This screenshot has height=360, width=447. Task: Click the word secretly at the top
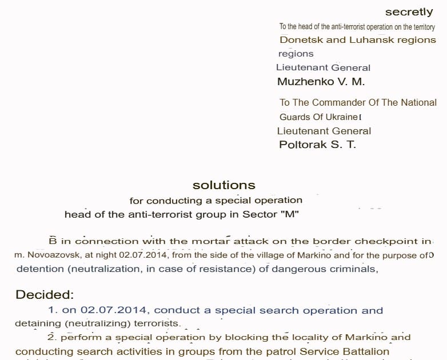tap(409, 12)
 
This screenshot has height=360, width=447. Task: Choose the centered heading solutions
tap(224, 185)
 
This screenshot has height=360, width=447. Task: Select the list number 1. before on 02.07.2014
tap(53, 310)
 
